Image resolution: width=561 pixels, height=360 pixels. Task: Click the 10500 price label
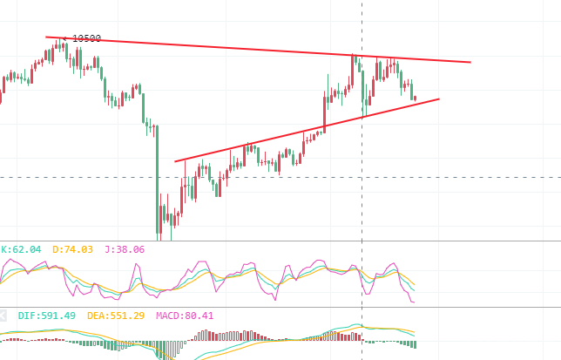pos(86,38)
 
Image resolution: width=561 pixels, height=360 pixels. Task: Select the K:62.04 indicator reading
pos(21,249)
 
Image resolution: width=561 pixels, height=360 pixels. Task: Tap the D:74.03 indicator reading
pos(72,249)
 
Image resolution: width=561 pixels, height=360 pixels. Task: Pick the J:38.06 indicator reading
pos(125,249)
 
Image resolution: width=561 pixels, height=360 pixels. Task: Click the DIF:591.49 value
pos(47,316)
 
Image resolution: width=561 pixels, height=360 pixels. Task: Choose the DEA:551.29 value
pos(116,316)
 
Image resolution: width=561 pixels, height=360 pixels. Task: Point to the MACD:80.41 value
pos(185,316)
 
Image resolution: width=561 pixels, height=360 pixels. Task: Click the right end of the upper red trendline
pos(470,62)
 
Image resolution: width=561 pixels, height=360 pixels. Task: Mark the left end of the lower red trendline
pos(175,162)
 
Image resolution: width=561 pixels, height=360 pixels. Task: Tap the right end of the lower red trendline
pos(439,99)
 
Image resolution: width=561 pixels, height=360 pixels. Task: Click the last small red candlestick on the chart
pos(415,98)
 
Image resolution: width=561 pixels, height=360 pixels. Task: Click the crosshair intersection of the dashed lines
pos(362,177)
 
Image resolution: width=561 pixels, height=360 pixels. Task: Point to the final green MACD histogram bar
pos(415,344)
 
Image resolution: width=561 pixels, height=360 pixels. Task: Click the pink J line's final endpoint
pos(415,302)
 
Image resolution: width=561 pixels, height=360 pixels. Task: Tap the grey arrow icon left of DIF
pos(3,316)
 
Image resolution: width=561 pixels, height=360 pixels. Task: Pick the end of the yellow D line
pos(415,285)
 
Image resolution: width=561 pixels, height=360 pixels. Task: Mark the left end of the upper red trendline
pos(46,37)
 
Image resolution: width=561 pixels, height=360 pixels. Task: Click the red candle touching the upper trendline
pos(353,70)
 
